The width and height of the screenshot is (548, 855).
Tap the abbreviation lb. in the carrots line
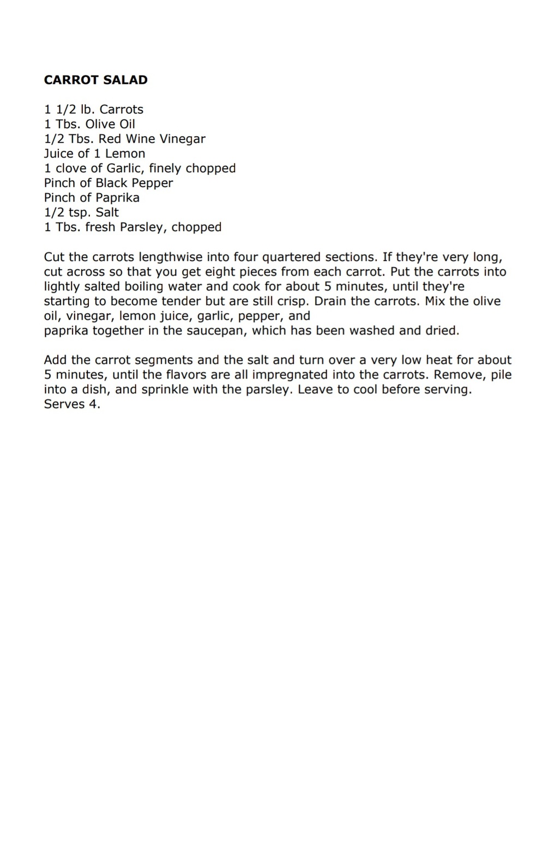tap(87, 109)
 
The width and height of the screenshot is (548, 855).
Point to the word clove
tap(71, 168)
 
